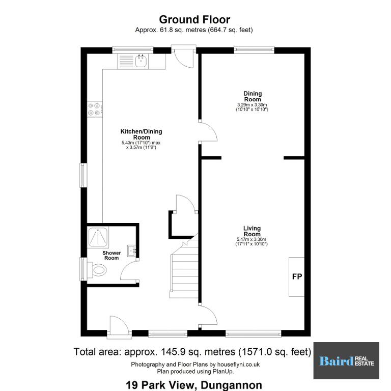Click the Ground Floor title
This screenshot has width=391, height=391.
[x=194, y=19]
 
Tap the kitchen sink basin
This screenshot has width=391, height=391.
[x=141, y=61]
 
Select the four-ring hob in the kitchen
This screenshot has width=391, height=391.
[x=95, y=109]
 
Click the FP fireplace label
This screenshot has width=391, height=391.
[x=297, y=276]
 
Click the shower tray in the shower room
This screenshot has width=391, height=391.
[x=98, y=237]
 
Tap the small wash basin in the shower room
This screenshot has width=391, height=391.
[x=131, y=250]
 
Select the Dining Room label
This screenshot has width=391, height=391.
[x=253, y=97]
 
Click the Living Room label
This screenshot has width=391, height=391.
[x=252, y=231]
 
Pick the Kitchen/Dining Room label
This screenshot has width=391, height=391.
[x=142, y=134]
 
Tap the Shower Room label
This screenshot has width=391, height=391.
[x=111, y=256]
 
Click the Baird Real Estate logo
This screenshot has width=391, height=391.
[x=346, y=360]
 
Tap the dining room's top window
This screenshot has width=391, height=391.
[x=254, y=50]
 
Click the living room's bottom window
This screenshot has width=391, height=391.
[x=254, y=333]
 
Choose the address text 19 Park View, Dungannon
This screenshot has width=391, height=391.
[x=194, y=385]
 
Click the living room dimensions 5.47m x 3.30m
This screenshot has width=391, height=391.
[x=252, y=239]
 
